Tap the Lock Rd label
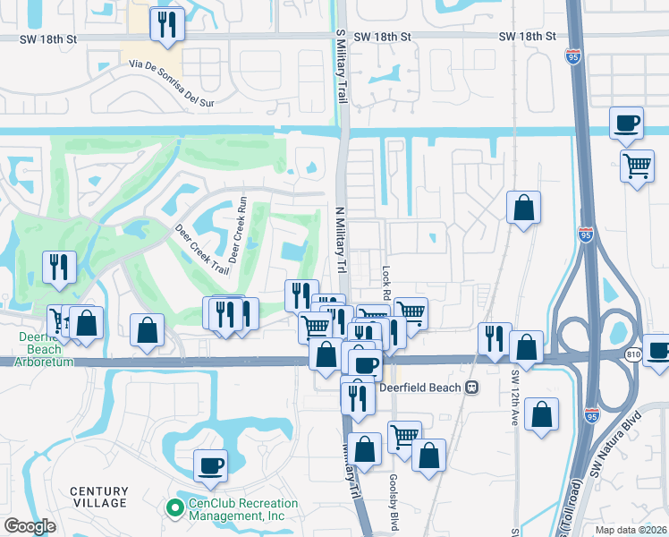tap(386, 282)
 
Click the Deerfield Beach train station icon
tap(470, 388)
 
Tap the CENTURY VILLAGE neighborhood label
tap(99, 497)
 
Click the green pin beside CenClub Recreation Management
tap(174, 508)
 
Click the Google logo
tap(29, 526)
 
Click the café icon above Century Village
tap(210, 465)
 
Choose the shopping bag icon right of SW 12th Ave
tap(541, 414)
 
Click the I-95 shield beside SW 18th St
tap(572, 56)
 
